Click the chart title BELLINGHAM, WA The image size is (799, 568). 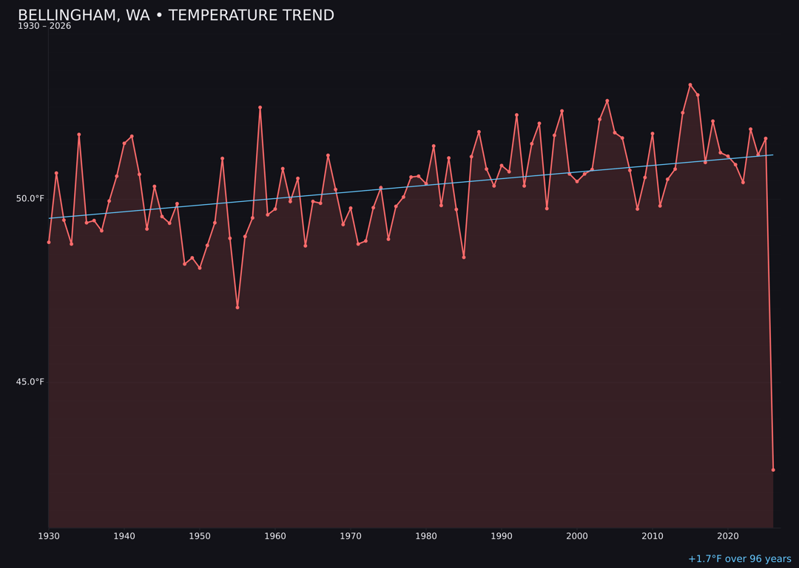[175, 16]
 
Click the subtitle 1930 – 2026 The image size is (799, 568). [44, 27]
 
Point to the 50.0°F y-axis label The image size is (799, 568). [30, 198]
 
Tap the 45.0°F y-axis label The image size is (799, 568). [30, 382]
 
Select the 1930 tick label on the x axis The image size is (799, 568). [49, 536]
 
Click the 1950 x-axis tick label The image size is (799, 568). [200, 536]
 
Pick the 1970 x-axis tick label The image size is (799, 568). [351, 536]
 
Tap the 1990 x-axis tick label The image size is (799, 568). [502, 536]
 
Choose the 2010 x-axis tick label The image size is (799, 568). [653, 536]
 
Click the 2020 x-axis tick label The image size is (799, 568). [728, 536]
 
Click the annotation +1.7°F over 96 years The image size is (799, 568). [739, 559]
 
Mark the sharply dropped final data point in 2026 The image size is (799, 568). [773, 470]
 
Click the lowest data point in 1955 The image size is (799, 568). [237, 307]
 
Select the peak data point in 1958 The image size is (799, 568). [260, 107]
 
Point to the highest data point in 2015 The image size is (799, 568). [690, 85]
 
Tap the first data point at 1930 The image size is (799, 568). [49, 242]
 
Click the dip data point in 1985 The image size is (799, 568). [464, 257]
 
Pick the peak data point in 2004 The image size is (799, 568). [607, 101]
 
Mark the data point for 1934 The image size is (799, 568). [79, 135]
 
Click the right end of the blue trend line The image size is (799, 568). [773, 155]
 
